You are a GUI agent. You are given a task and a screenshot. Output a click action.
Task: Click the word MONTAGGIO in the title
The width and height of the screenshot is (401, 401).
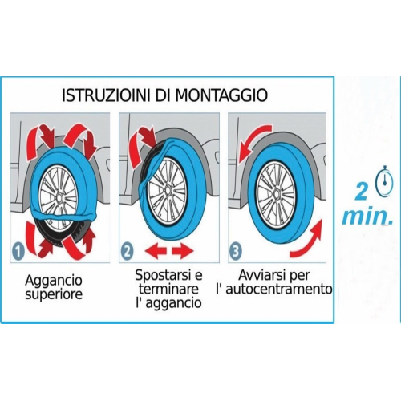click(x=221, y=95)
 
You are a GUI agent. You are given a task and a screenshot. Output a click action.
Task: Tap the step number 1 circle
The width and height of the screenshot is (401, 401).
click(x=18, y=251)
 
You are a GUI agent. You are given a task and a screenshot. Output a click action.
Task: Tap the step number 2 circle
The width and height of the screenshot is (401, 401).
click(x=128, y=251)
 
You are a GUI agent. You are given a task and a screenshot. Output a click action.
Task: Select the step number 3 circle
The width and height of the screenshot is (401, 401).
click(x=236, y=251)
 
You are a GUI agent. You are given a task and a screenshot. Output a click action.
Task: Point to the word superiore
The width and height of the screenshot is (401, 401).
click(x=54, y=294)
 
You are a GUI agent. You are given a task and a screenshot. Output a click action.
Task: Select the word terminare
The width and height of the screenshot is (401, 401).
click(x=168, y=289)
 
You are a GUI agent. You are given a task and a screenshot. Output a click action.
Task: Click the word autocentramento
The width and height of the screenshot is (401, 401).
click(x=279, y=289)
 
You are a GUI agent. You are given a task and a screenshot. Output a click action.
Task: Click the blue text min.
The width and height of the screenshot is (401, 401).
click(x=368, y=217)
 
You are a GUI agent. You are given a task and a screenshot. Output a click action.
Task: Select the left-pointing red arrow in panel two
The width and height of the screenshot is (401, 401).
click(x=156, y=252)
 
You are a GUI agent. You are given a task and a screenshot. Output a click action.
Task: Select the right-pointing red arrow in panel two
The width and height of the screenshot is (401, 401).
click(x=182, y=252)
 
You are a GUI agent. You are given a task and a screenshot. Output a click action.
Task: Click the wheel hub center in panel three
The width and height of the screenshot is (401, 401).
click(x=277, y=193)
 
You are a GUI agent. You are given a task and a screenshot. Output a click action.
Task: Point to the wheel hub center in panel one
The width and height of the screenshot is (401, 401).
click(x=59, y=198)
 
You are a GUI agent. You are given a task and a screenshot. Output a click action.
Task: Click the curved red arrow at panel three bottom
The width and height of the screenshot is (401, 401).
click(x=307, y=239)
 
